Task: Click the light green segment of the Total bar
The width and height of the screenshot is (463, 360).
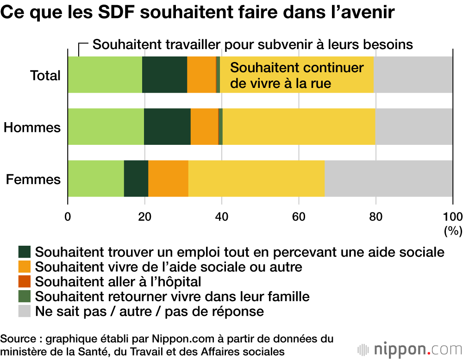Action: (105, 74)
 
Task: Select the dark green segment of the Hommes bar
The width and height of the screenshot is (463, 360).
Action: (167, 127)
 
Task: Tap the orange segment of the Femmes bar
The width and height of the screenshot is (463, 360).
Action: (168, 179)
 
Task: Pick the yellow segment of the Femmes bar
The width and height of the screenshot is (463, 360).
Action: (257, 179)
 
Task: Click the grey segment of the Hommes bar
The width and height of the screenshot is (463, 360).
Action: (414, 127)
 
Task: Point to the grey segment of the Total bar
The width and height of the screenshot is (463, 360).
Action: (413, 74)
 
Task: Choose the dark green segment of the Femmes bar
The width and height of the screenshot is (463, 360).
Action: (136, 179)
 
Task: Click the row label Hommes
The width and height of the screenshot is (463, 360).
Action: (32, 127)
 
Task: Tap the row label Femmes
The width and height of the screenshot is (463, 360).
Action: (33, 179)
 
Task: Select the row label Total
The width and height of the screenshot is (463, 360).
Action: (45, 75)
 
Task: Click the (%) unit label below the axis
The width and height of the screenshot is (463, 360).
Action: (452, 230)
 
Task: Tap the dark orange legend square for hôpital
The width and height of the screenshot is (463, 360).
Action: (25, 281)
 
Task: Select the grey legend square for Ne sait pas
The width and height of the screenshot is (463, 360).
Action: (25, 310)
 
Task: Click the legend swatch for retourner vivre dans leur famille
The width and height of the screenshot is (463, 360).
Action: (25, 296)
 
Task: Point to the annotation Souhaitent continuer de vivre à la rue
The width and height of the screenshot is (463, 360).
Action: (297, 75)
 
